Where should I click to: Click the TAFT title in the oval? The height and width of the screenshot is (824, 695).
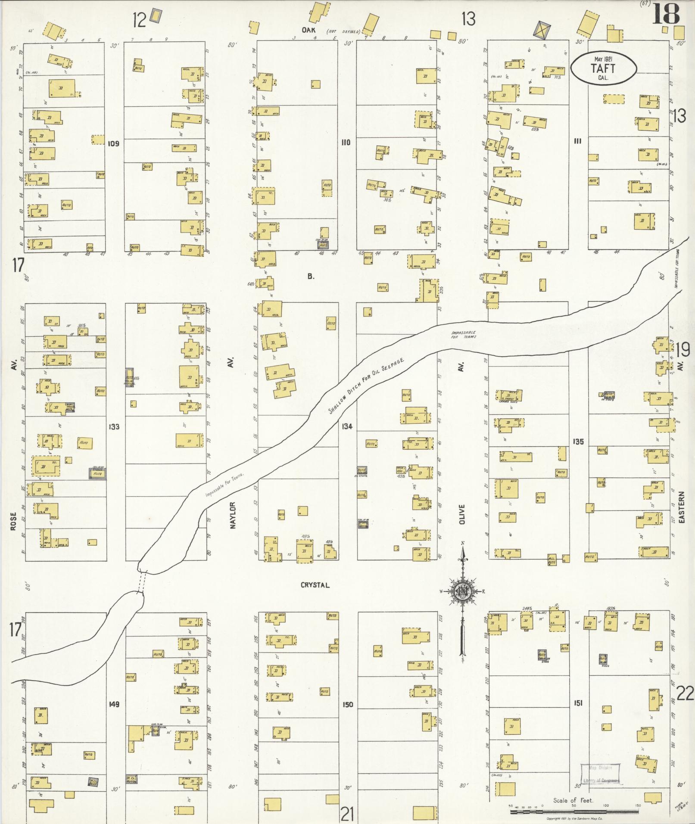(603, 68)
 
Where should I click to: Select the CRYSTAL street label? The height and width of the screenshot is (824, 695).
(315, 585)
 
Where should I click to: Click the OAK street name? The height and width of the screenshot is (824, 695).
(309, 30)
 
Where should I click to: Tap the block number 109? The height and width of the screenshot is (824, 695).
(113, 143)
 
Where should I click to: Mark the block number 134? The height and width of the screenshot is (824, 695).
(347, 426)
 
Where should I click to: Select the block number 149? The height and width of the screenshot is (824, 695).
(114, 704)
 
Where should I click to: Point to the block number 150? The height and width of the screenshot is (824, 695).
(348, 705)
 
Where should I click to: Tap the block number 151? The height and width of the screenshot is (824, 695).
(578, 703)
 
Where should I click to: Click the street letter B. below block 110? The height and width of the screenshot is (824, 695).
(311, 277)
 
